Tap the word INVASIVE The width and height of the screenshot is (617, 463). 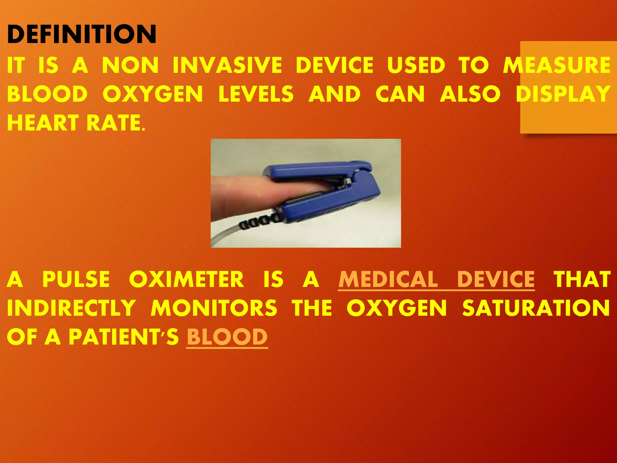227,65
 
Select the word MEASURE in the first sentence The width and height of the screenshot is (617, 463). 557,65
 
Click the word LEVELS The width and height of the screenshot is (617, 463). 256,94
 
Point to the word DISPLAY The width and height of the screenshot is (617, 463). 563,94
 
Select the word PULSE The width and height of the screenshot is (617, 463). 76,279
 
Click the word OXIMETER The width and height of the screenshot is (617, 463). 186,279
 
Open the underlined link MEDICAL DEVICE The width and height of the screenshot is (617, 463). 436,279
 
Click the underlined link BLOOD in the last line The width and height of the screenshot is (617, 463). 227,337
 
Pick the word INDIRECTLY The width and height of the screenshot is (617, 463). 71,308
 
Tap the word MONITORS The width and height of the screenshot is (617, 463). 214,308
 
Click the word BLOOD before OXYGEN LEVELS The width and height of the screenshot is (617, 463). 47,94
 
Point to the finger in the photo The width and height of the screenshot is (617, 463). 241,193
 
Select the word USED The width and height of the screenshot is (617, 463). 416,65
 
